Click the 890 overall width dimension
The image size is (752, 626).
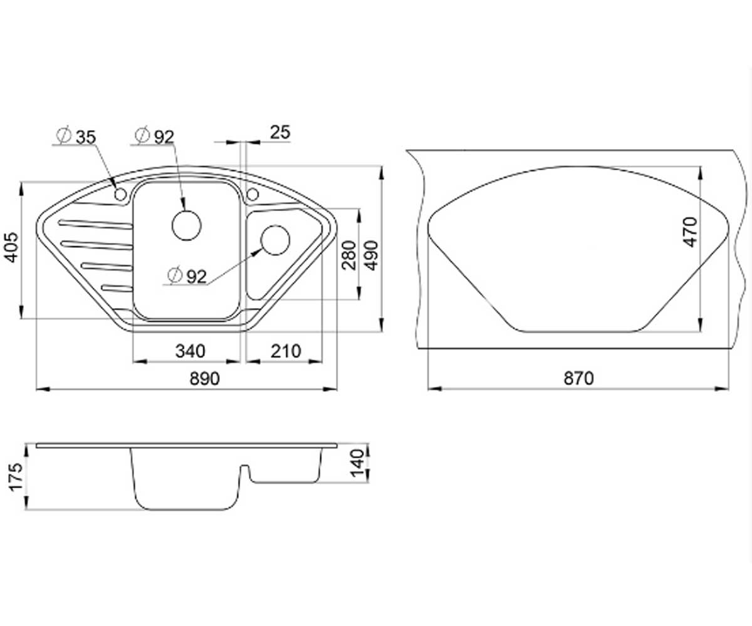pyautogui.click(x=204, y=379)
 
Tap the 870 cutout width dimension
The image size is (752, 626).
pyautogui.click(x=579, y=379)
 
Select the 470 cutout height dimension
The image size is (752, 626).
pyautogui.click(x=691, y=232)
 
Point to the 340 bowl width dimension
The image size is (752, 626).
pyautogui.click(x=190, y=351)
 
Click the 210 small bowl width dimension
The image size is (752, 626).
pyautogui.click(x=286, y=351)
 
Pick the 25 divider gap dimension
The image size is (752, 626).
pyautogui.click(x=280, y=132)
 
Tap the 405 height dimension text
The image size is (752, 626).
pyautogui.click(x=12, y=248)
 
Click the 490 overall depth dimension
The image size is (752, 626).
pyautogui.click(x=371, y=255)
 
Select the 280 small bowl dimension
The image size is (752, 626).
pyautogui.click(x=349, y=255)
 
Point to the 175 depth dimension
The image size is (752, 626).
pyautogui.click(x=16, y=477)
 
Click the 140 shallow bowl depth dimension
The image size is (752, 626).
pyautogui.click(x=358, y=463)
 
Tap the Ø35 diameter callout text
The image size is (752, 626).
pyautogui.click(x=76, y=136)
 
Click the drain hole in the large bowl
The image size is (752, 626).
pyautogui.click(x=187, y=225)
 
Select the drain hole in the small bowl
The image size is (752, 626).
pyautogui.click(x=276, y=240)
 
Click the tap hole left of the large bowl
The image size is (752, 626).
pyautogui.click(x=120, y=194)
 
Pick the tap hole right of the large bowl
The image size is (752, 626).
pyautogui.click(x=253, y=194)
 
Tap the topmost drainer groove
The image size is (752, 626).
pyautogui.click(x=95, y=223)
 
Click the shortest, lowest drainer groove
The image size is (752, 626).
pyautogui.click(x=117, y=288)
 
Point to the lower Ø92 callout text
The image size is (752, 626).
pyautogui.click(x=187, y=276)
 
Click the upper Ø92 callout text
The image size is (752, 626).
pyautogui.click(x=155, y=136)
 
